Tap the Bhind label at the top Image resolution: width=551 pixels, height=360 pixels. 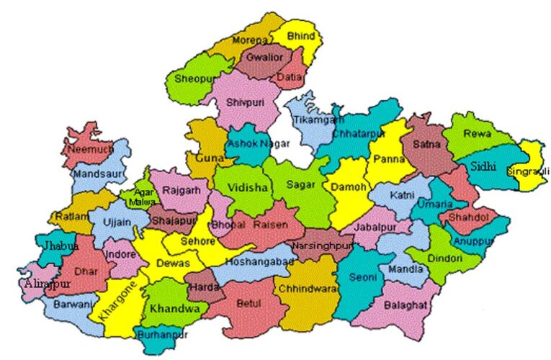[x=301, y=35]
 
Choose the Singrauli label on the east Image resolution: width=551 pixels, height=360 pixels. [x=528, y=171]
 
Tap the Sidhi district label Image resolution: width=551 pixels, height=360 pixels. [x=483, y=166]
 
